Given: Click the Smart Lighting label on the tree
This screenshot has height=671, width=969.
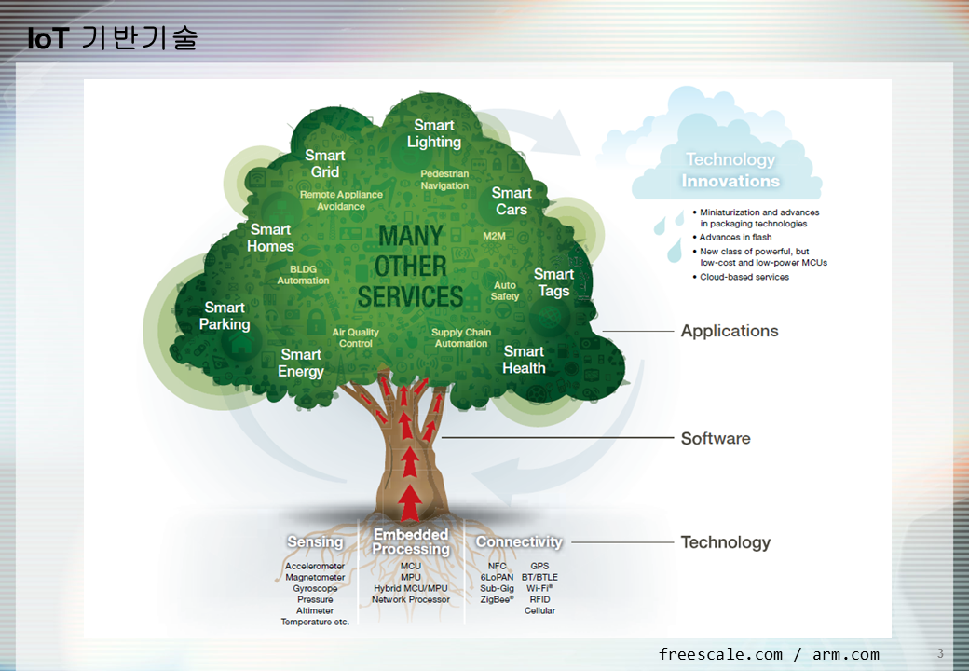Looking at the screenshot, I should coord(434,133).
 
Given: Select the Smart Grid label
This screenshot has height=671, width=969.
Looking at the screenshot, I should coord(325,163).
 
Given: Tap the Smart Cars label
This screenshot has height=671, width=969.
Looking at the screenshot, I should coord(512,201).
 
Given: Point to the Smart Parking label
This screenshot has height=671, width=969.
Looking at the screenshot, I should coord(225,316).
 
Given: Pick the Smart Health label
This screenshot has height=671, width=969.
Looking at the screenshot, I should coord(524,360).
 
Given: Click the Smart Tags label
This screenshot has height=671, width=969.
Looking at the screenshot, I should coord(553,282).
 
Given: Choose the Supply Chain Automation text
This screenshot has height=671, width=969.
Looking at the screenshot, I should coord(461,337).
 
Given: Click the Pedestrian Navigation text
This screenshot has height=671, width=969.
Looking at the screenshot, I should coord(444,180).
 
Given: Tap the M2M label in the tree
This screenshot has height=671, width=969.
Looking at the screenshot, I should coord(494,236).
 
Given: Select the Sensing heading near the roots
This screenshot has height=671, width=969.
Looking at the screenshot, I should coord(315,542).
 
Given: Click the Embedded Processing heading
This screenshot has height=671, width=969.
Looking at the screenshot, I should coord(411,541).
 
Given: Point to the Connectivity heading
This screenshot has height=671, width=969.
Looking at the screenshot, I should coord(519,541).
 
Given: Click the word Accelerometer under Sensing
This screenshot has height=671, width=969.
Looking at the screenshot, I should coord(315,567).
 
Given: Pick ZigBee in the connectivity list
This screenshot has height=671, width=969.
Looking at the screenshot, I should coord(497,600).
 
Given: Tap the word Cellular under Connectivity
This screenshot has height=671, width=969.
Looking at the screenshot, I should coord(539,611).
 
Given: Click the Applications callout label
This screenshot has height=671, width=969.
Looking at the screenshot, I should coord(730,331).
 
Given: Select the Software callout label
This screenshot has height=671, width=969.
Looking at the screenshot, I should coord(716,439).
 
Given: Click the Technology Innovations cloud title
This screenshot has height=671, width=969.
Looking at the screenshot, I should coord(730,171).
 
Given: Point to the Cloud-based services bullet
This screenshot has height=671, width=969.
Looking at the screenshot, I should coord(744,277).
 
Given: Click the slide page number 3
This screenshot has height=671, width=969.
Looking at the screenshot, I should coord(940,652).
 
